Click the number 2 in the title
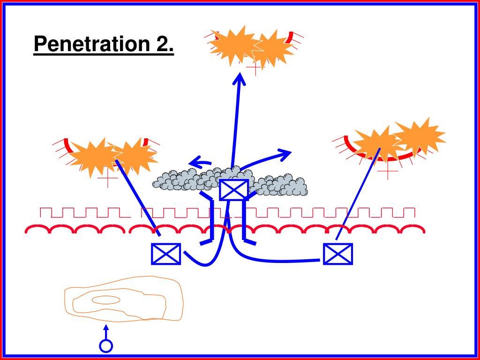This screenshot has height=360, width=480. [x=162, y=45]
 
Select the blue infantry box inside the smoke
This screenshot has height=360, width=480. [x=233, y=190]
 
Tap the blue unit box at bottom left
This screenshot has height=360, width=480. [x=166, y=254]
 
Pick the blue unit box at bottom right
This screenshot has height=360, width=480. [x=338, y=254]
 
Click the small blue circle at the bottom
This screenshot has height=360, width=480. [x=106, y=346]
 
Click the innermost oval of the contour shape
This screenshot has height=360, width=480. [x=105, y=300]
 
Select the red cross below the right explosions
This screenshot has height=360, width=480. [x=387, y=172]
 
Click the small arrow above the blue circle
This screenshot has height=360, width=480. [x=106, y=330]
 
